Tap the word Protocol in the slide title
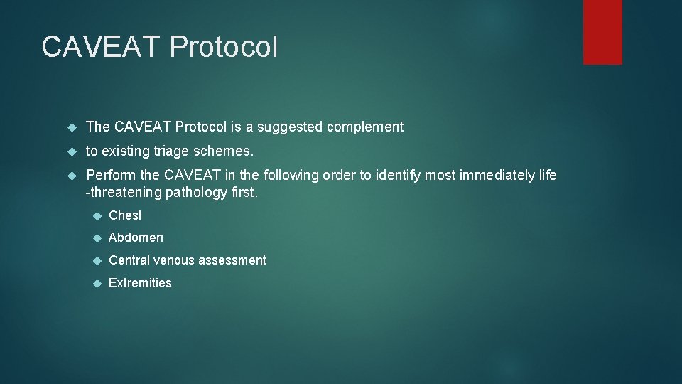click(x=224, y=47)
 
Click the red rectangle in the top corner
click(x=602, y=32)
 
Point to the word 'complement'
click(x=366, y=127)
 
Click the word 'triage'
click(x=170, y=151)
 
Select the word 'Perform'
click(x=112, y=175)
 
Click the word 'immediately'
click(x=493, y=175)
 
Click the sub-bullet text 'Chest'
click(x=125, y=215)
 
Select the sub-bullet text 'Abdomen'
click(x=136, y=238)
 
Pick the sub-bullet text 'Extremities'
click(x=140, y=283)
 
